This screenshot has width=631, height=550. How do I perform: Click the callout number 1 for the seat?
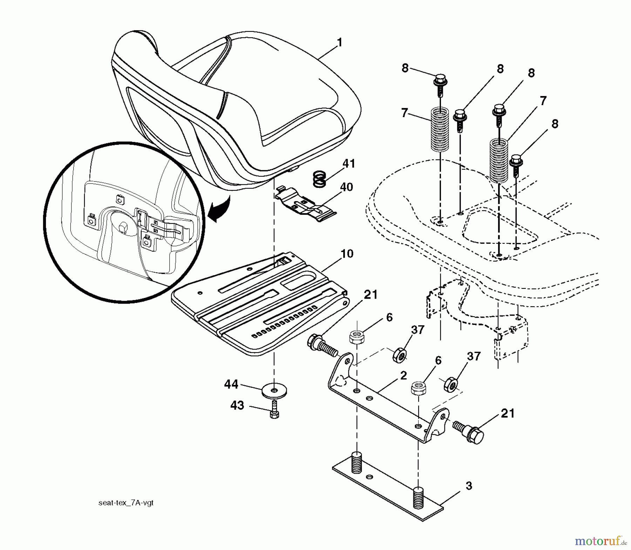pos(339,43)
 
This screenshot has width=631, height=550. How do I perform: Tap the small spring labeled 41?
pos(319,179)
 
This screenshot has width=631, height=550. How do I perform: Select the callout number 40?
pos(346,188)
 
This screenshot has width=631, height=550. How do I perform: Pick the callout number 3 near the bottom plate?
pos(469,486)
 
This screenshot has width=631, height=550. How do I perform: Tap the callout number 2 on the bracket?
pos(403,376)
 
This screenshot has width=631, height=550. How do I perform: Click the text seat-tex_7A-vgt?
pos(126,503)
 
